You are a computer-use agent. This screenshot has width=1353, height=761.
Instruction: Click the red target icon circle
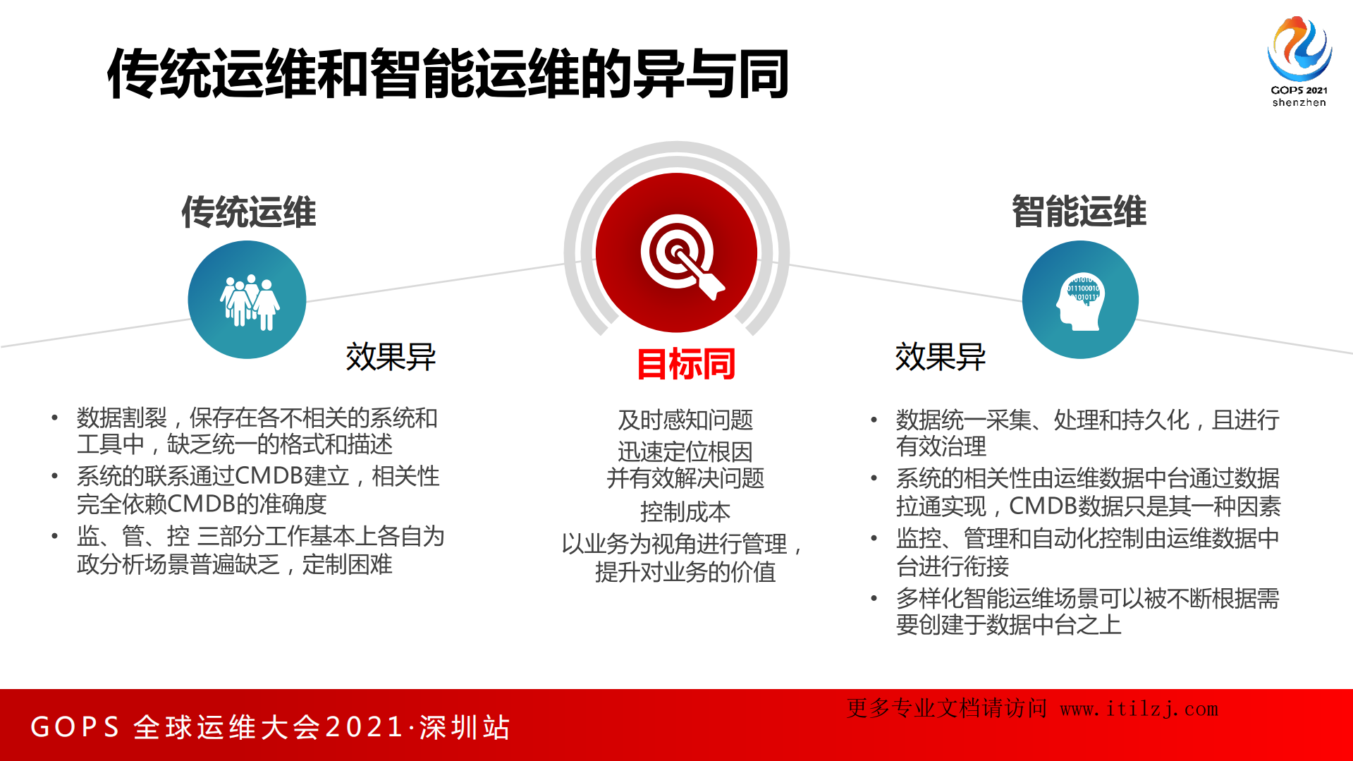677,252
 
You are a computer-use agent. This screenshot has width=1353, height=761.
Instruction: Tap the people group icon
247,300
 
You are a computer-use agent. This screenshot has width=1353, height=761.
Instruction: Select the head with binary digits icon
1080,300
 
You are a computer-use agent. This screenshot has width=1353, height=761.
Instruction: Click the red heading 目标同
686,364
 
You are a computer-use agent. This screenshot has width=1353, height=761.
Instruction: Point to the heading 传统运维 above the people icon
249,212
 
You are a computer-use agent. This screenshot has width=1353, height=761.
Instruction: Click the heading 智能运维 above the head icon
1079,212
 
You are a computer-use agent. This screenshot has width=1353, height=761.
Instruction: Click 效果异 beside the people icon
391,357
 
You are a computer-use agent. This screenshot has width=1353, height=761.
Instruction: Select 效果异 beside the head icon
940,357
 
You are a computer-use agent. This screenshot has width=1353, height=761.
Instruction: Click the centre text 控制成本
685,512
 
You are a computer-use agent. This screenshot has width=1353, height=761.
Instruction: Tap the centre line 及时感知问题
685,420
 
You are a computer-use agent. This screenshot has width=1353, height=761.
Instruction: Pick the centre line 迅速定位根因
685,452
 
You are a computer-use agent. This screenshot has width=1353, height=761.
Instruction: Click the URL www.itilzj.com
1139,709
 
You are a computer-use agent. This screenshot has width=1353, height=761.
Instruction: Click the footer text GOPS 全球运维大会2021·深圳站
270,727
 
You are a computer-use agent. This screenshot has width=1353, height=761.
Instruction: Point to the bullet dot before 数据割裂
54,418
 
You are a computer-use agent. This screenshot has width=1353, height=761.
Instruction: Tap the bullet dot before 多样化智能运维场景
874,599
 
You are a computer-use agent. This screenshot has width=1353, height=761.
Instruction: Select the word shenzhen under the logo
1299,103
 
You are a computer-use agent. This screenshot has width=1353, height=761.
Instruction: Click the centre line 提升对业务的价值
685,572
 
